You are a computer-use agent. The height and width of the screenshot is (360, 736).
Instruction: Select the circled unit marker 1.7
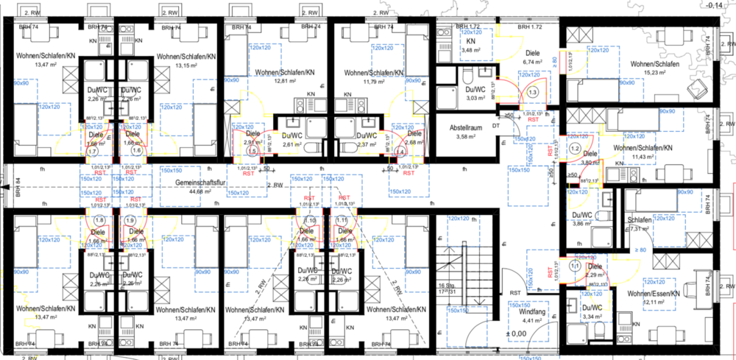tap(92, 151)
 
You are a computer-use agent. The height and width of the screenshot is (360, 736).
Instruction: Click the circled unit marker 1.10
tap(310, 220)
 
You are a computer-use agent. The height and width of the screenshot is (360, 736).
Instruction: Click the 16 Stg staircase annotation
tap(443, 284)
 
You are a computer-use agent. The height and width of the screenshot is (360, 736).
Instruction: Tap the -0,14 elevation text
tap(714, 5)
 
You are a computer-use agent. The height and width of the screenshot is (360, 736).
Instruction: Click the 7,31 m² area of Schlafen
tap(639, 228)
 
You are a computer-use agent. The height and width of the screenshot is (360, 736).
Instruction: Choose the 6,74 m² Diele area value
tap(531, 63)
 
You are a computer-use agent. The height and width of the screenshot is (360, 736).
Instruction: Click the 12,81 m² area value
tap(280, 81)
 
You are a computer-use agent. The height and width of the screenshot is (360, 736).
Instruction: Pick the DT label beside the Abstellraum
tap(495, 126)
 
